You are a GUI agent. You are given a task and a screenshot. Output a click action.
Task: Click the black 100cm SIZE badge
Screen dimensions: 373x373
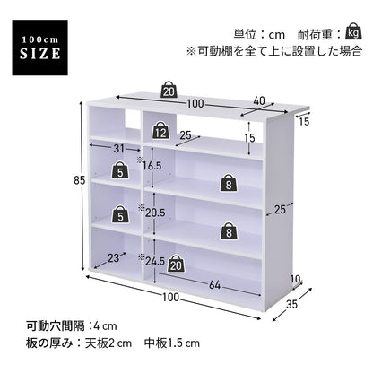pyautogui.click(x=39, y=48)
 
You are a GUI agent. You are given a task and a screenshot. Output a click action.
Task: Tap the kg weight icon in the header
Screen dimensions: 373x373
pyautogui.click(x=353, y=31)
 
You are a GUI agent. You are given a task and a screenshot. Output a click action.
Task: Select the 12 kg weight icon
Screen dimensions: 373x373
pyautogui.click(x=160, y=131)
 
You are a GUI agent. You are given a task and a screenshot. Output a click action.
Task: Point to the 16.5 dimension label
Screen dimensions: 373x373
pyautogui.click(x=152, y=166)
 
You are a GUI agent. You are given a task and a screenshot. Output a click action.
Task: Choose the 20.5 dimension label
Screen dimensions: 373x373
pyautogui.click(x=155, y=213)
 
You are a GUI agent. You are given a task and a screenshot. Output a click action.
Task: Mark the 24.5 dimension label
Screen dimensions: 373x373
pyautogui.click(x=155, y=262)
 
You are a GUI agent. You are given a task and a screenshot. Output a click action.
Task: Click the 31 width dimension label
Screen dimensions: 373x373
pyautogui.click(x=118, y=149)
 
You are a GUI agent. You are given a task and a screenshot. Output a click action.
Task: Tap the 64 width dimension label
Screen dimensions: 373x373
pyautogui.click(x=214, y=285)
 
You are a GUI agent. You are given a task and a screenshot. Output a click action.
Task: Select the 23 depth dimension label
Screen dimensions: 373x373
pyautogui.click(x=114, y=258)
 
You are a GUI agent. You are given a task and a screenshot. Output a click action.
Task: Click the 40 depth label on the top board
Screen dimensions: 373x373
pyautogui.click(x=259, y=101)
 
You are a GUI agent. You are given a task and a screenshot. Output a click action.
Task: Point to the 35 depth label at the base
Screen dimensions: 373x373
pyautogui.click(x=292, y=304)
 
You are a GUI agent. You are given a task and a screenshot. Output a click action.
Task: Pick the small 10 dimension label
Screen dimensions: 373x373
pyautogui.click(x=295, y=279)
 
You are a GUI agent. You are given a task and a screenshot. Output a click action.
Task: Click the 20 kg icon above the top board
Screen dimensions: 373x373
pyautogui.click(x=169, y=90)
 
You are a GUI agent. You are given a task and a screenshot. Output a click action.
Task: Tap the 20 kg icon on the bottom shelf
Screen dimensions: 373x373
pyautogui.click(x=177, y=264)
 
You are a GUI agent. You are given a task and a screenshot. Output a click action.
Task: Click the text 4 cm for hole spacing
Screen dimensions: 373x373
pyautogui.click(x=105, y=326)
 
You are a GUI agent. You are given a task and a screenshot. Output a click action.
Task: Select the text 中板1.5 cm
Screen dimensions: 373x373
pyautogui.click(x=172, y=343)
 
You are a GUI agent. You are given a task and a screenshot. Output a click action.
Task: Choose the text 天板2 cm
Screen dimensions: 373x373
pyautogui.click(x=108, y=343)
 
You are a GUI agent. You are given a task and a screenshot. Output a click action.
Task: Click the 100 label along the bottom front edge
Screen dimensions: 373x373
pyautogui.click(x=171, y=297)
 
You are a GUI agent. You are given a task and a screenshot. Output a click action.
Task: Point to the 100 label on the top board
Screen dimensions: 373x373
pyautogui.click(x=195, y=104)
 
